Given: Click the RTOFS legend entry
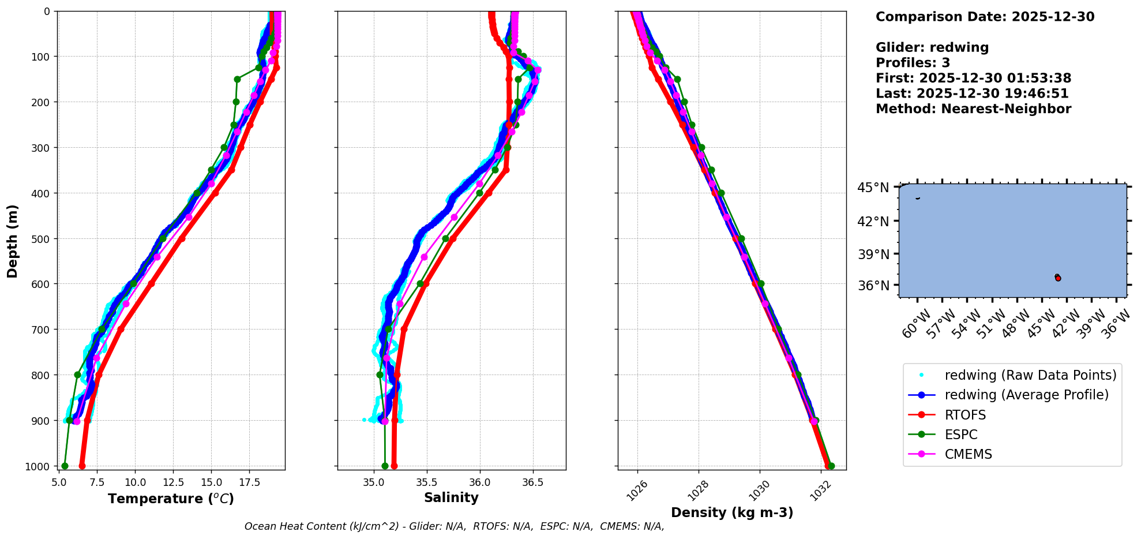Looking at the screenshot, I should tap(965, 415).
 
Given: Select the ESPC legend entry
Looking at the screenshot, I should tap(961, 435).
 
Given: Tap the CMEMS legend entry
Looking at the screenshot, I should tap(968, 454).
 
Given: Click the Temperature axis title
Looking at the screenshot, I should tap(171, 499).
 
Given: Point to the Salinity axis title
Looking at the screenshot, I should tap(451, 497).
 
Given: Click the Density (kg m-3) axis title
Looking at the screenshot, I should tap(732, 512).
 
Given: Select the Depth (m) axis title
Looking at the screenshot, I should tap(13, 241).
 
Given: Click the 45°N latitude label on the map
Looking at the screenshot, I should tap(873, 188).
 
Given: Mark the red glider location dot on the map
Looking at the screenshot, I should tap(1058, 278).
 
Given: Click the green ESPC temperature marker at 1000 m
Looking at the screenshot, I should tap(65, 466).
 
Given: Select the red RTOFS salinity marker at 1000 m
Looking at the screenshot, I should tap(394, 466).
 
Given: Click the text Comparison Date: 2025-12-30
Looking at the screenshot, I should tap(985, 17).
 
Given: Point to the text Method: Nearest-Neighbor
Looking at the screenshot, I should tap(973, 108).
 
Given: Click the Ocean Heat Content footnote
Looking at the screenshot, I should tap(454, 526).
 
